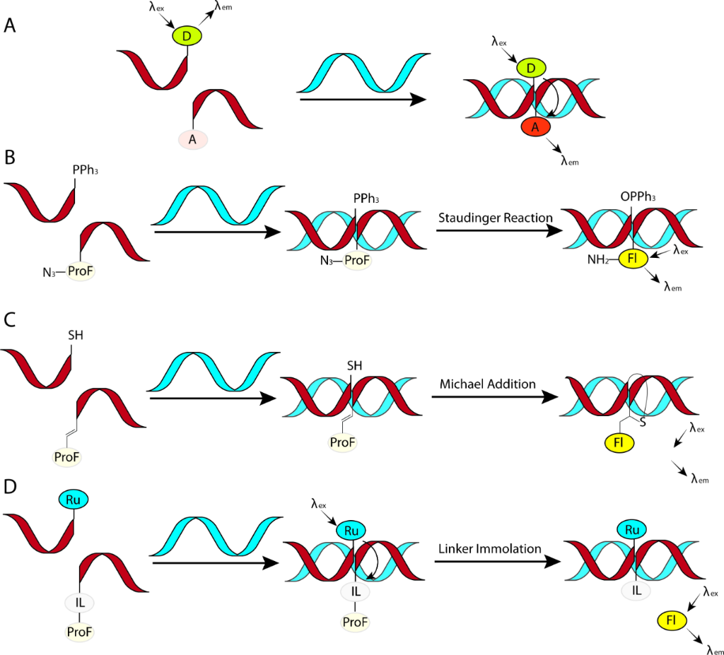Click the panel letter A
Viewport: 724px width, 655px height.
(10, 25)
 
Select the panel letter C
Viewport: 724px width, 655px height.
(10, 319)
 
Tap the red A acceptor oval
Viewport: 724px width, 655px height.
(536, 127)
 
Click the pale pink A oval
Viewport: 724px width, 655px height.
(192, 139)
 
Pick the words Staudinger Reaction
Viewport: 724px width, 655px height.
(495, 218)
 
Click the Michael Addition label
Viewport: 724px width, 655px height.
(488, 384)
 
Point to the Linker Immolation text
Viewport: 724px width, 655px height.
(489, 549)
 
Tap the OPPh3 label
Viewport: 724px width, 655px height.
(638, 197)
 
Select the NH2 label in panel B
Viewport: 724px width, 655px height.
(598, 260)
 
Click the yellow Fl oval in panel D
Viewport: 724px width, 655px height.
(672, 620)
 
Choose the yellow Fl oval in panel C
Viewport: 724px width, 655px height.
(619, 443)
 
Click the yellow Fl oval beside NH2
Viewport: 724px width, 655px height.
(633, 259)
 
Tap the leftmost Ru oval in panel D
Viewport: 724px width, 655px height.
(74, 500)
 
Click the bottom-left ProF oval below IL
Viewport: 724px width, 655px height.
(79, 632)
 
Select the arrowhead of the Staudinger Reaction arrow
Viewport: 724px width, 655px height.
(554, 230)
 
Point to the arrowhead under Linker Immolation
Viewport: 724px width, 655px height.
(553, 561)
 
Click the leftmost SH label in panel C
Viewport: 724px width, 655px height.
(76, 335)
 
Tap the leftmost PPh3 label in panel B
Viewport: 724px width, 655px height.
(86, 170)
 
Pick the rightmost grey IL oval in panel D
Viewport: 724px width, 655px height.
(636, 591)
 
